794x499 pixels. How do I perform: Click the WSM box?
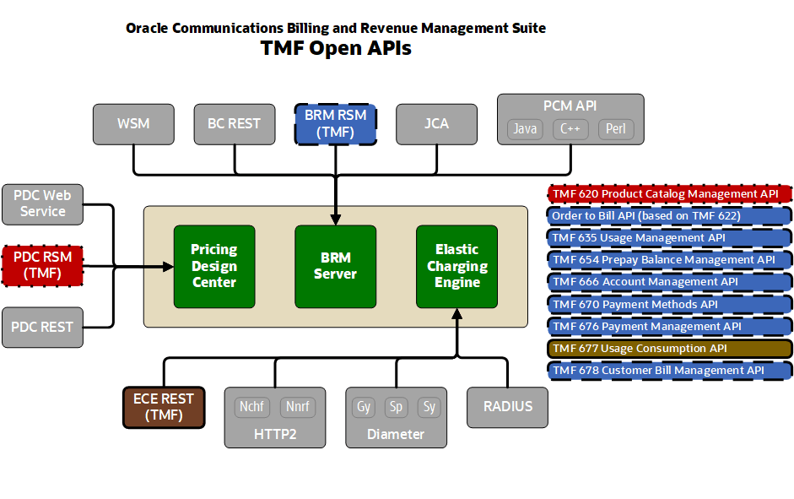pyautogui.click(x=133, y=124)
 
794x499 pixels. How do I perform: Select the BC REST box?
pyautogui.click(x=234, y=124)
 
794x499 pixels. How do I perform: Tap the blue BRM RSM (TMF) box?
pyautogui.click(x=335, y=124)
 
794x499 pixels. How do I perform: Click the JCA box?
pyautogui.click(x=436, y=124)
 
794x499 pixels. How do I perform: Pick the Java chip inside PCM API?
pyautogui.click(x=526, y=129)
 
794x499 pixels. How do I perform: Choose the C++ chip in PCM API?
pyautogui.click(x=570, y=129)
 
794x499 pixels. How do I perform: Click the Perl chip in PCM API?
pyautogui.click(x=615, y=129)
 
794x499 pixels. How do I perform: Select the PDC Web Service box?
pyautogui.click(x=43, y=203)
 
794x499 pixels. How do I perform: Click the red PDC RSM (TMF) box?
pyautogui.click(x=43, y=265)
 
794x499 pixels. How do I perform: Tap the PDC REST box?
pyautogui.click(x=43, y=327)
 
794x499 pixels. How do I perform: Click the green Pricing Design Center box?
pyautogui.click(x=214, y=266)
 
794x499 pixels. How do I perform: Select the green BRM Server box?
pyautogui.click(x=335, y=266)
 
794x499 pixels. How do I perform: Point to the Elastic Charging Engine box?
pyautogui.click(x=456, y=266)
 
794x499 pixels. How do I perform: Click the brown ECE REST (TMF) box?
pyautogui.click(x=164, y=407)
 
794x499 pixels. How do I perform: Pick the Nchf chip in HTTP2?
pyautogui.click(x=251, y=407)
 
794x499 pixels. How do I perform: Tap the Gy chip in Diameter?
pyautogui.click(x=364, y=407)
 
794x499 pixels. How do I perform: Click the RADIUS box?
pyautogui.click(x=508, y=407)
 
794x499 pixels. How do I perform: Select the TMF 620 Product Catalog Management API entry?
pyautogui.click(x=670, y=194)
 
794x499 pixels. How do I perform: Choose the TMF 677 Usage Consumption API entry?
pyautogui.click(x=670, y=349)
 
